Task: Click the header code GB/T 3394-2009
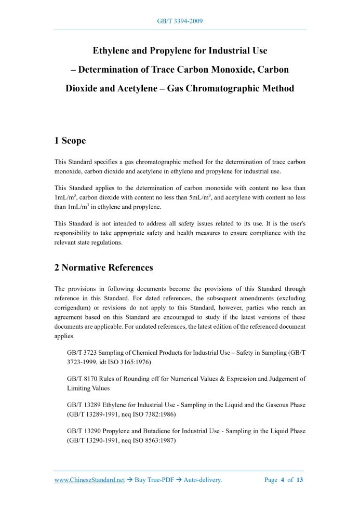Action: (x=180, y=21)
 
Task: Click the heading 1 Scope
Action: (x=70, y=141)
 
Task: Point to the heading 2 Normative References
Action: (x=104, y=267)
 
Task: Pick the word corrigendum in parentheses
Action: (x=75, y=307)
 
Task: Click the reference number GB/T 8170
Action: (x=81, y=379)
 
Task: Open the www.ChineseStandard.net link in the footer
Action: (x=89, y=480)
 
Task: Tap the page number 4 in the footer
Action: (x=283, y=480)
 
